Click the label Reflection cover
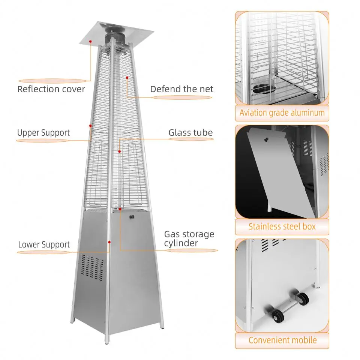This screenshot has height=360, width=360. click(x=51, y=89)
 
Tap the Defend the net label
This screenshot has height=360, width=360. click(x=181, y=89)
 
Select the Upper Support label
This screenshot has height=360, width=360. click(x=43, y=133)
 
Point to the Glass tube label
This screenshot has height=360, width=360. click(x=190, y=133)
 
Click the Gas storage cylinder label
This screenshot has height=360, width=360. click(x=189, y=238)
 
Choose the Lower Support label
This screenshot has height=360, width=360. click(x=44, y=244)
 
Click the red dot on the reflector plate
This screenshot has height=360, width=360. click(x=90, y=42)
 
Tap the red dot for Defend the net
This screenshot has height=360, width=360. click(x=127, y=78)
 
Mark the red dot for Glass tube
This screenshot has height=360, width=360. click(x=119, y=151)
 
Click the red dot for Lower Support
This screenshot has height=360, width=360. click(x=109, y=242)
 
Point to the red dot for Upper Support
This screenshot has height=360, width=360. click(x=90, y=126)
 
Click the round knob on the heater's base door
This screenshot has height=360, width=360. click(x=132, y=217)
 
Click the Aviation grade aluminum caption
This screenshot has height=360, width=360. click(x=282, y=113)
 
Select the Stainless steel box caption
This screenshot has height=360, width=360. click(x=282, y=226)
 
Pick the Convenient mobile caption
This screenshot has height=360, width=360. click(x=282, y=340)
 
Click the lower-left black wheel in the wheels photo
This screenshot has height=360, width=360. click(x=277, y=316)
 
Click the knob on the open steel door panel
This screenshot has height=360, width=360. click(x=266, y=139)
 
